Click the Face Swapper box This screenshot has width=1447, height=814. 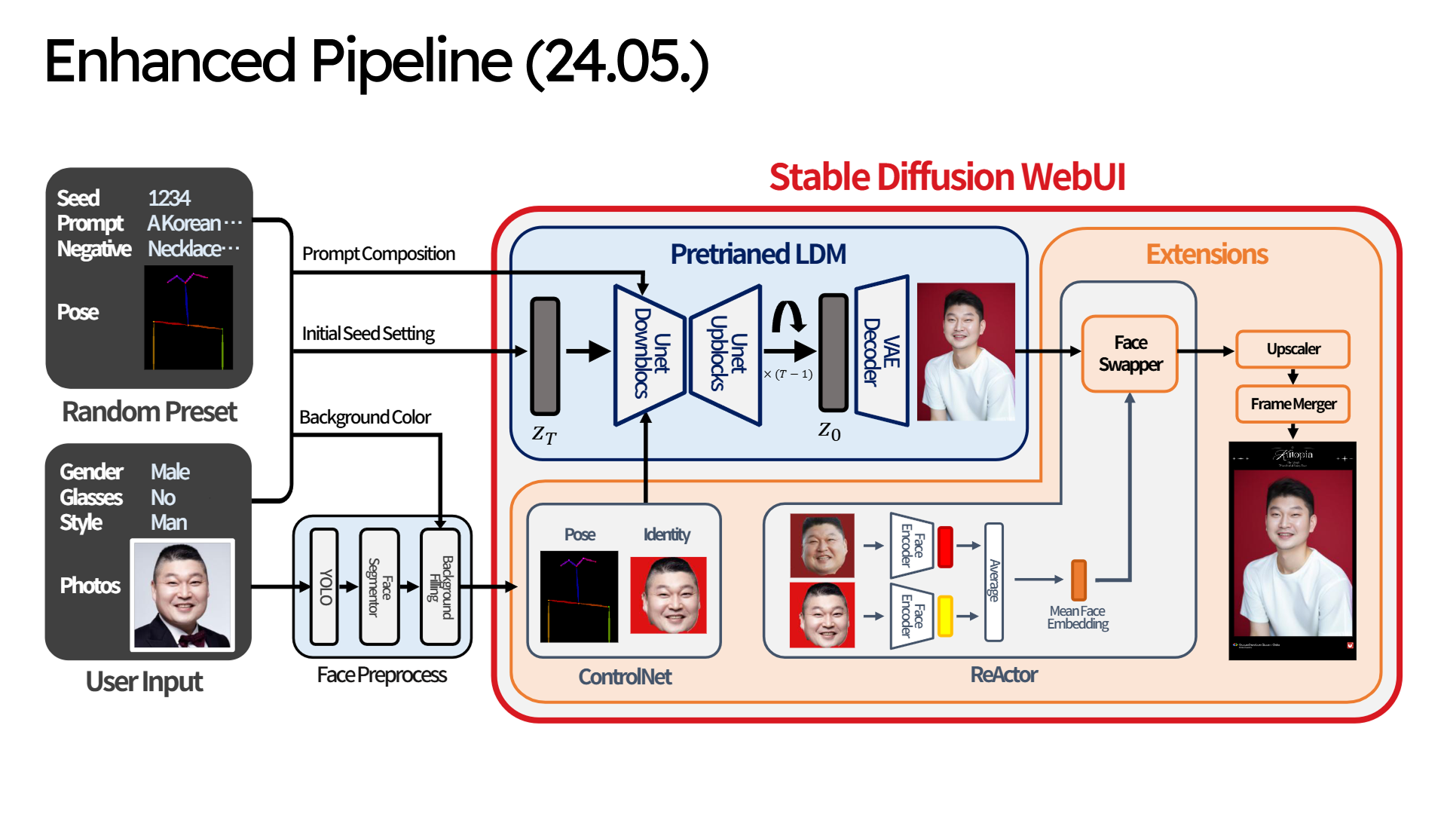pyautogui.click(x=1129, y=353)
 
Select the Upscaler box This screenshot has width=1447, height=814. pyautogui.click(x=1293, y=349)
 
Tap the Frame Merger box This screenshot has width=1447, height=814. pyautogui.click(x=1293, y=404)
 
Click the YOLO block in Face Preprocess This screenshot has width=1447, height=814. pyautogui.click(x=325, y=586)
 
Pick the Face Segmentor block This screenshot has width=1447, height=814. pyautogui.click(x=379, y=586)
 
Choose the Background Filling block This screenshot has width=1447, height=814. pyautogui.click(x=440, y=586)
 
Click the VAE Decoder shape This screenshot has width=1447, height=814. pyautogui.click(x=881, y=351)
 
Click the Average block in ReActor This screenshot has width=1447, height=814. pyautogui.click(x=994, y=581)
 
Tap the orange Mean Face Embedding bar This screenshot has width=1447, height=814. pyautogui.click(x=1078, y=580)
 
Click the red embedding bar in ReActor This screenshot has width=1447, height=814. pyautogui.click(x=945, y=546)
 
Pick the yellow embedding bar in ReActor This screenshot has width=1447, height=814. pyautogui.click(x=945, y=615)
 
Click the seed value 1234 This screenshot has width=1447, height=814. pyautogui.click(x=169, y=197)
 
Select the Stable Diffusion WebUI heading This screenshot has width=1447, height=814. pyautogui.click(x=947, y=177)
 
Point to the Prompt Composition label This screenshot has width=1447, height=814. pyautogui.click(x=378, y=254)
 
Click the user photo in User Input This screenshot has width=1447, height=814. pyautogui.click(x=182, y=595)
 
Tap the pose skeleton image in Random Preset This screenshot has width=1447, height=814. pyautogui.click(x=188, y=318)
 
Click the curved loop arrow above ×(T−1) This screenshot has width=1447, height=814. pyautogui.click(x=788, y=317)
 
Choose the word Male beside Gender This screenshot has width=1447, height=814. pyautogui.click(x=170, y=472)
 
